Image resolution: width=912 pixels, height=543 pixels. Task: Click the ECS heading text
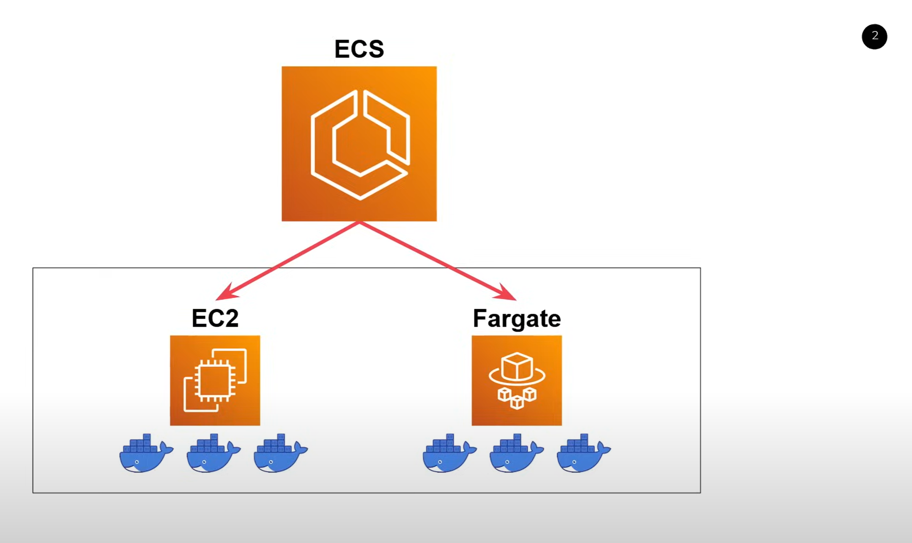click(x=359, y=49)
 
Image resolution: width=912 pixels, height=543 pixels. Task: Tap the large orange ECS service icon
click(x=359, y=144)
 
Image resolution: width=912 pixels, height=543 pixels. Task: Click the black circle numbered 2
click(x=874, y=36)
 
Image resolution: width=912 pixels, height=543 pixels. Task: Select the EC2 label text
click(x=215, y=318)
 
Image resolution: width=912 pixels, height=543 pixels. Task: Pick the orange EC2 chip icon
click(x=215, y=380)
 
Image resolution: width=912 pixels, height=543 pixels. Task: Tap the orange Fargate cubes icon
click(x=517, y=380)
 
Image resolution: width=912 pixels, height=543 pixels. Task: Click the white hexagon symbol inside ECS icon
click(x=359, y=145)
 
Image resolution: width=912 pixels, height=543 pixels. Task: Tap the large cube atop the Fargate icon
click(x=517, y=366)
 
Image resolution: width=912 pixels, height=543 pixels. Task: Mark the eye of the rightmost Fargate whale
click(x=574, y=462)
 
